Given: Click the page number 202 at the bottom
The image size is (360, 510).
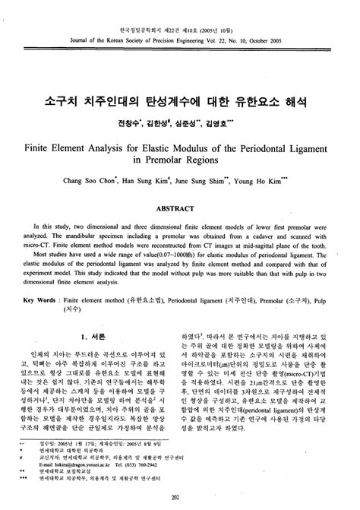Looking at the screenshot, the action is (x=180, y=496).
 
